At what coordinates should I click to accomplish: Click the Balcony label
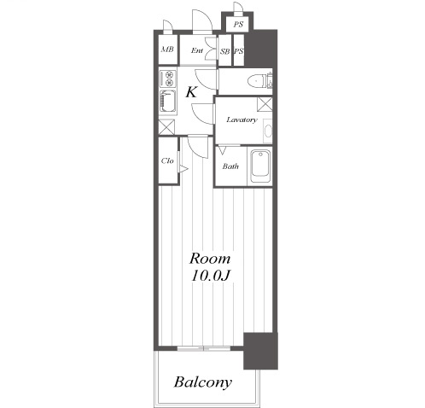click(x=202, y=383)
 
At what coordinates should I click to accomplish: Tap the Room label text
click(x=210, y=259)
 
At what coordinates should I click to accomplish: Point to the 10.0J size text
click(x=211, y=276)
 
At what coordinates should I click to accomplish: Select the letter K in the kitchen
click(x=191, y=92)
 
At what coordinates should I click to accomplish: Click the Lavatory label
click(x=242, y=119)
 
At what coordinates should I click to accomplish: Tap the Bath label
click(x=230, y=166)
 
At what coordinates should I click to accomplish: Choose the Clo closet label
click(x=167, y=160)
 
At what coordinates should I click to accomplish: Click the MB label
click(x=167, y=50)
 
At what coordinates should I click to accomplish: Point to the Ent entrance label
click(x=197, y=50)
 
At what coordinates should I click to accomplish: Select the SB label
click(x=224, y=51)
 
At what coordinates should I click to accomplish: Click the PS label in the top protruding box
click(x=238, y=25)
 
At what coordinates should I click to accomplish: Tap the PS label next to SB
click(x=239, y=51)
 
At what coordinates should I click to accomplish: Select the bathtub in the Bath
click(x=260, y=166)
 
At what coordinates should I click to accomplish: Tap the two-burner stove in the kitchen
click(x=167, y=79)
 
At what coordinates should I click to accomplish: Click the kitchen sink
click(x=167, y=102)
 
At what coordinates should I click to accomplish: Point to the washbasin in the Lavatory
click(x=268, y=131)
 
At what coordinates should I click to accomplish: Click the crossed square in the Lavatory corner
click(x=265, y=104)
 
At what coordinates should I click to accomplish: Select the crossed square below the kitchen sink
click(x=166, y=127)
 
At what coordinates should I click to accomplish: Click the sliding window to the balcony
click(x=204, y=348)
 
